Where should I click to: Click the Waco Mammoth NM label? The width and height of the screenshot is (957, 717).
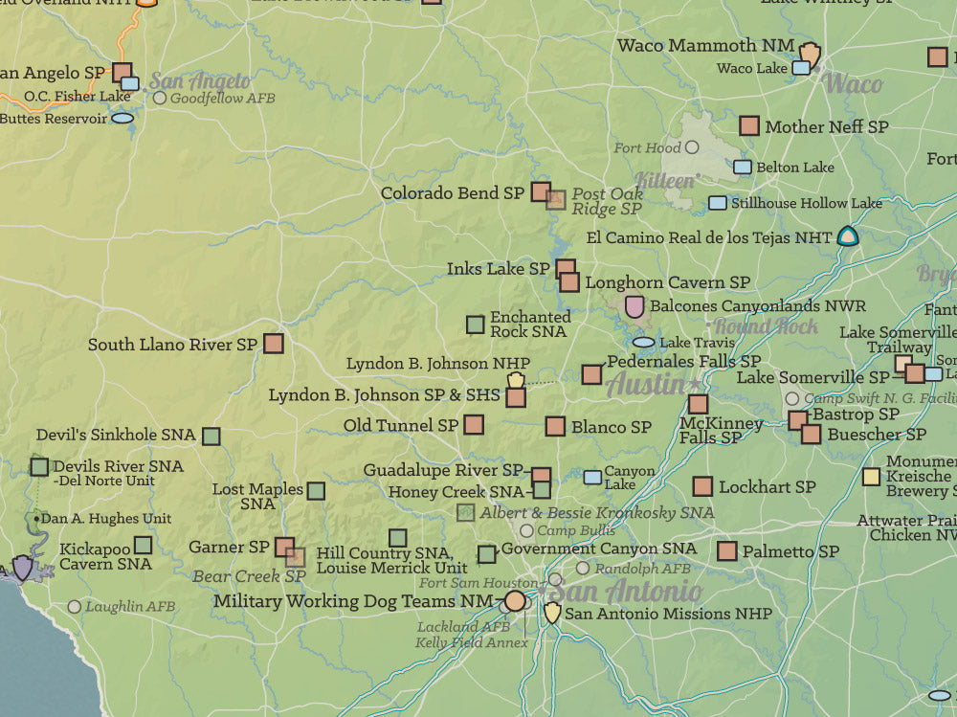705,45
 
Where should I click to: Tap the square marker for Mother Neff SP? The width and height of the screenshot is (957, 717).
749,126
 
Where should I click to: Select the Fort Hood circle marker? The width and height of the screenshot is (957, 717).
692,147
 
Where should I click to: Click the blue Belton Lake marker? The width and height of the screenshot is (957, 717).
743,167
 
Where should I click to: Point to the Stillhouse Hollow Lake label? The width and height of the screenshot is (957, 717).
807,203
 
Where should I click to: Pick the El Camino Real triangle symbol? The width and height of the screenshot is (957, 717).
847,235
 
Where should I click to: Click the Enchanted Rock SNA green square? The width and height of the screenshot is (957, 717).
475,325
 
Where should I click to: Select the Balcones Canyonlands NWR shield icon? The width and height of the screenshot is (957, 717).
634,306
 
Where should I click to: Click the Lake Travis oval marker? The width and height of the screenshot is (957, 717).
644,342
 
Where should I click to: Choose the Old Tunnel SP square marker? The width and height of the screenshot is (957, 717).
473,424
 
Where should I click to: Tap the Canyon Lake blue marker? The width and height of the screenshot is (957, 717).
593,477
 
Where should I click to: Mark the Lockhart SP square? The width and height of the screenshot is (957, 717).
702,486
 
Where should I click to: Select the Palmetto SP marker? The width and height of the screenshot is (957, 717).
726,551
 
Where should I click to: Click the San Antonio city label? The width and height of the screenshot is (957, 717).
624,591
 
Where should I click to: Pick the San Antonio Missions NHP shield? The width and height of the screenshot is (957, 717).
552,613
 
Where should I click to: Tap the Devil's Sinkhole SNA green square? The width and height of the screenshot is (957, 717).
211,436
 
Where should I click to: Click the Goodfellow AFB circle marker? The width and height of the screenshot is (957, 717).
160,98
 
